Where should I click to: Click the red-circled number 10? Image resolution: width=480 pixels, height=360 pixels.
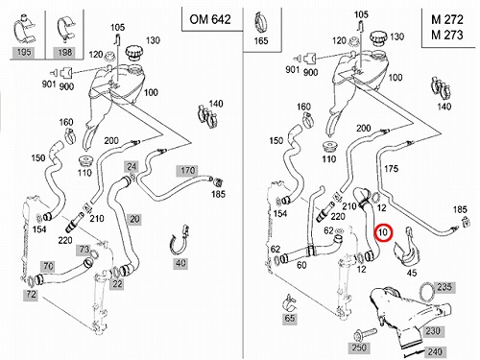coord(383,232)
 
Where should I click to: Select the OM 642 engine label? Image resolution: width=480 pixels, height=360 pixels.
coord(210,19)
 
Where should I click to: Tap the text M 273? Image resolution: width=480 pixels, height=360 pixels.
coord(447,35)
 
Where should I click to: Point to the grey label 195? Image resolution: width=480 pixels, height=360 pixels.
coord(24,52)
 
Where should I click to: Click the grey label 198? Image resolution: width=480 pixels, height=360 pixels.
coord(65,52)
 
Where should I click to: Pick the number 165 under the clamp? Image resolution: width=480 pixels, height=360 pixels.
coord(261,40)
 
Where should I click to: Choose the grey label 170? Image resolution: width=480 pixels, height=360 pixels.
coord(187,171)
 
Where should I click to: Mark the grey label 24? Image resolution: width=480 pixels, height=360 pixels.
coord(132,166)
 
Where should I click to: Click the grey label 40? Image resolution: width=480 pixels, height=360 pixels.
coord(180,263)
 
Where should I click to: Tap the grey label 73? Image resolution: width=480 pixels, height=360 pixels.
coord(84,250)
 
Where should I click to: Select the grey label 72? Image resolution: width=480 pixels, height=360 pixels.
coord(31,295)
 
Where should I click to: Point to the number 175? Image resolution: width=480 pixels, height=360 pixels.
coord(391,169)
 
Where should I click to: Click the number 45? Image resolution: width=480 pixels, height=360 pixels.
coord(412,273)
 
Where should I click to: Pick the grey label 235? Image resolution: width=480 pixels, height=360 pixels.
coord(444,287)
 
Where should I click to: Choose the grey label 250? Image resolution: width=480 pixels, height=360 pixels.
coord(358,348)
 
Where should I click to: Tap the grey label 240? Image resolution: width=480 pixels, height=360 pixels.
coord(435,351)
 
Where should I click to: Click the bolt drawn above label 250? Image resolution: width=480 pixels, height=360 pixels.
coord(366,335)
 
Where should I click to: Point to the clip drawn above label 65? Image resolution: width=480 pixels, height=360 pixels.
coord(291,303)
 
